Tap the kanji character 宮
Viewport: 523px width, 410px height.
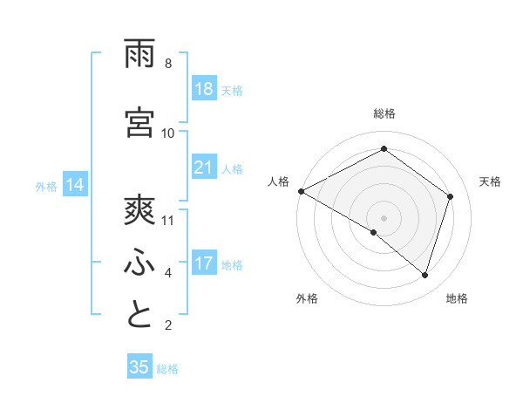(x=140, y=122)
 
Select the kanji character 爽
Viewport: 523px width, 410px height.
(x=140, y=209)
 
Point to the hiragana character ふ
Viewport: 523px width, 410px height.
(x=140, y=262)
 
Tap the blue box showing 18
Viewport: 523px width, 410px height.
(x=204, y=90)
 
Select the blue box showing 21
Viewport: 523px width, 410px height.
(x=204, y=167)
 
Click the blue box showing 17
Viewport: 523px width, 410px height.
(x=204, y=263)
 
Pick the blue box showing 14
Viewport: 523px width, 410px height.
(x=74, y=185)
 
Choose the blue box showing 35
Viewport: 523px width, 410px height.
(x=139, y=367)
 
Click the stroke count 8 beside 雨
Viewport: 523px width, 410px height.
(x=168, y=64)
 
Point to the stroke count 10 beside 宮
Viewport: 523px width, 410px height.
(x=168, y=133)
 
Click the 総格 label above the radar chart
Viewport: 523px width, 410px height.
(x=384, y=113)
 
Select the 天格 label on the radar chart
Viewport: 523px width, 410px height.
(x=491, y=181)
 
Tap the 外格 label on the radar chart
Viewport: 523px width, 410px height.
(x=307, y=298)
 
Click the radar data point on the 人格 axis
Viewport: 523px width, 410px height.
(x=301, y=191)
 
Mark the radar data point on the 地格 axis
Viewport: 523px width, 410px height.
(x=425, y=275)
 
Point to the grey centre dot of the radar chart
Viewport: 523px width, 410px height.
(x=384, y=217)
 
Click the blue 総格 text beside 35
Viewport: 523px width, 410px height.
(x=168, y=369)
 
